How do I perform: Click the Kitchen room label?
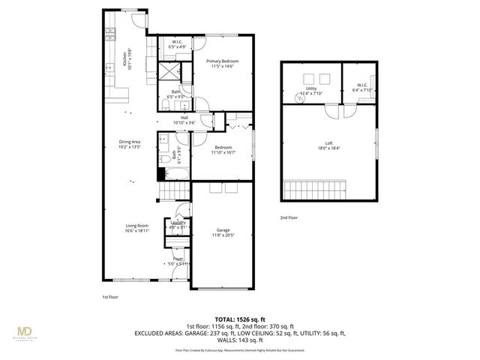[x=128, y=58]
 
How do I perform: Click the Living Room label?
[x=137, y=229]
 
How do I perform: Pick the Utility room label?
[x=311, y=89]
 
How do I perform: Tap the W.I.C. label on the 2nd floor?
[x=361, y=88]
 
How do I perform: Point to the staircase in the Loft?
[x=315, y=190]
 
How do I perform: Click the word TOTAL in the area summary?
[x=226, y=318]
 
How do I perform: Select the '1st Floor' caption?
[x=110, y=296]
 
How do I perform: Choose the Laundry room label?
[x=178, y=224]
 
